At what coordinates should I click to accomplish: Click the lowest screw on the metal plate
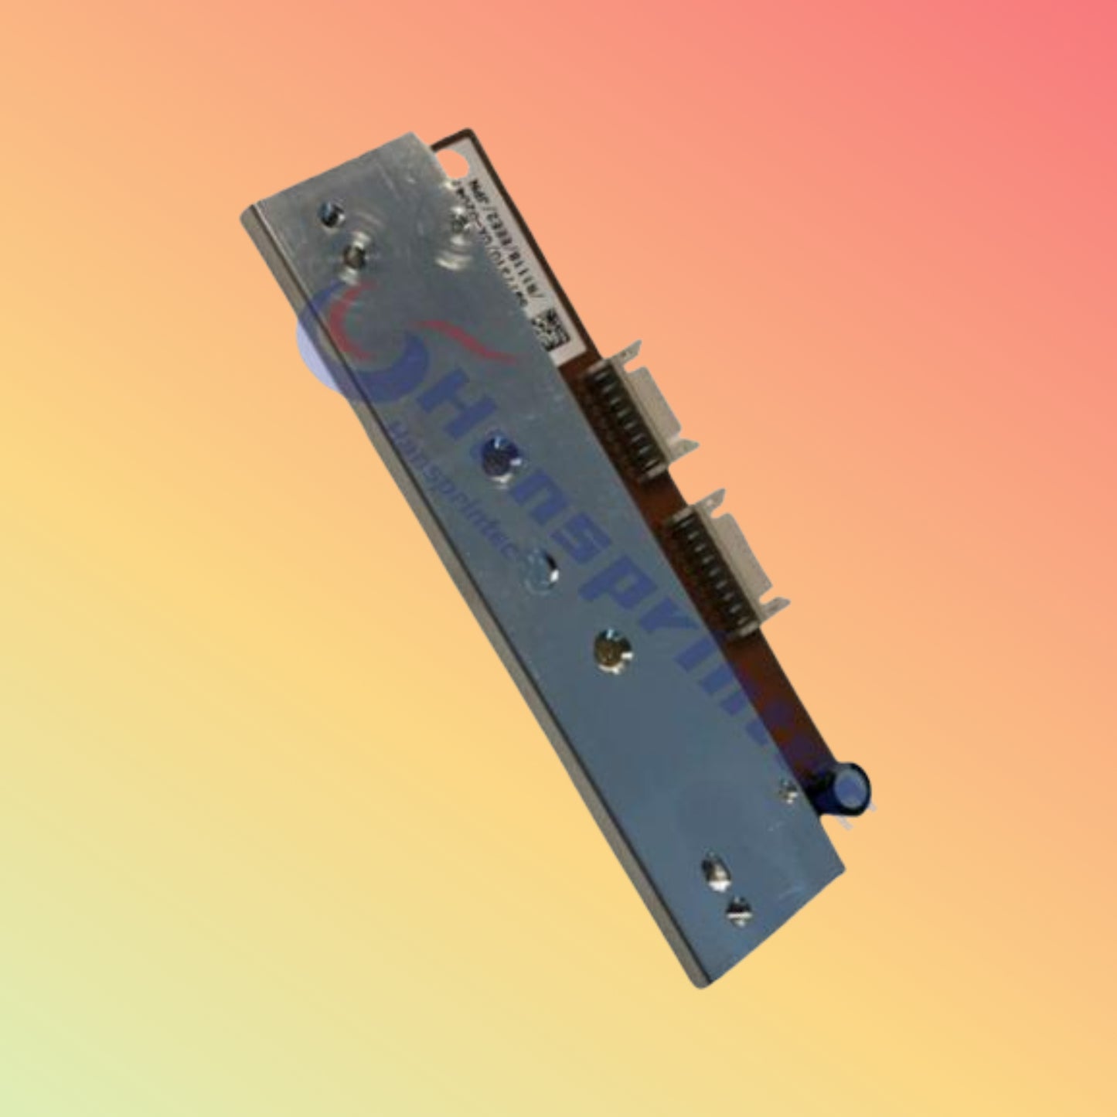pos(739,909)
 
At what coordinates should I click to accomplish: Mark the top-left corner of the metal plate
pos(246,213)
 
